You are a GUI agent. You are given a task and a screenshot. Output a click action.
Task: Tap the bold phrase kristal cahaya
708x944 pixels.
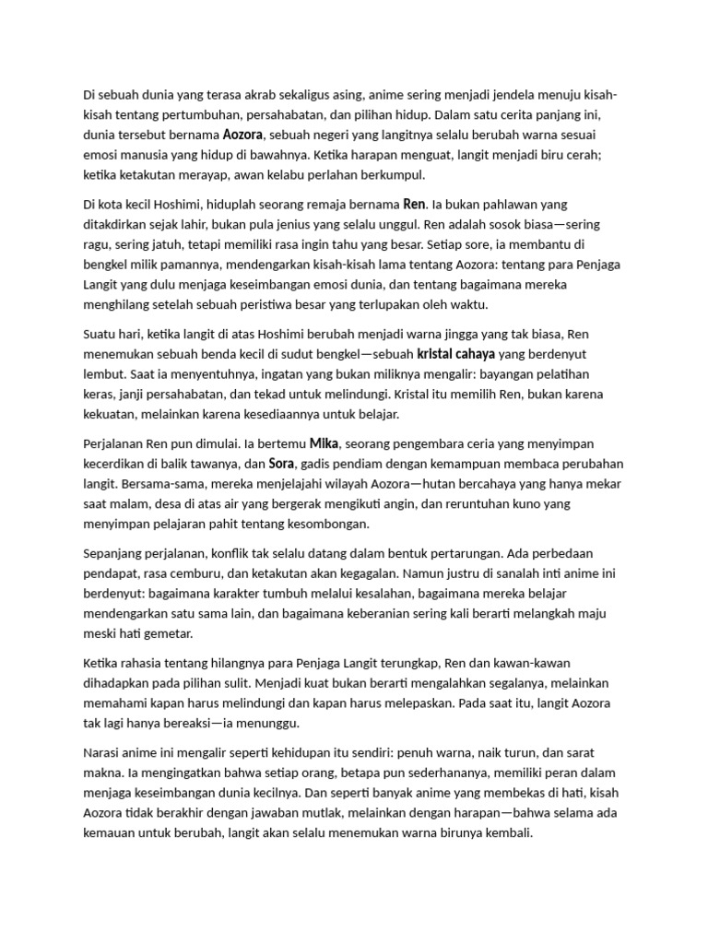tap(456, 354)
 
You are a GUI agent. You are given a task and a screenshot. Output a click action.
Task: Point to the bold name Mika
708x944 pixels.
tap(324, 442)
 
